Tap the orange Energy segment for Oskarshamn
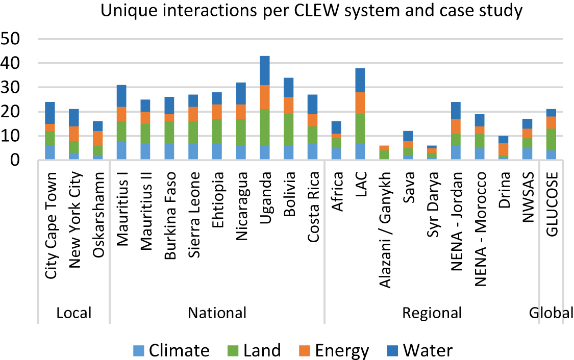[97, 138]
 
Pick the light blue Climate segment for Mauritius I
[121, 150]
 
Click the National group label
[217, 313]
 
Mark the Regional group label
[432, 313]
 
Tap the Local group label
[74, 313]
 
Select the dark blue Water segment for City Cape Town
[49, 113]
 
